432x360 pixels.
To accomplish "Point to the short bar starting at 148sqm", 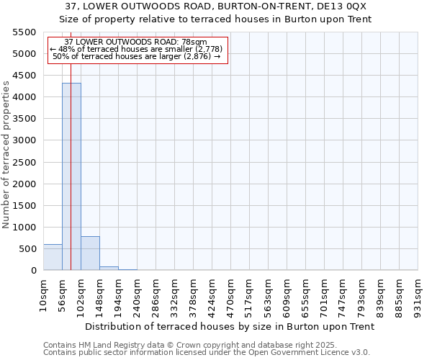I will click(109, 268).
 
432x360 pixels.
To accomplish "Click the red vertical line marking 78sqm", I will click(71, 144).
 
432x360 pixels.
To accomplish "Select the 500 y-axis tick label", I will click(27, 249).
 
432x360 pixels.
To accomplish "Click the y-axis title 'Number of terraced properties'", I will click(6, 155).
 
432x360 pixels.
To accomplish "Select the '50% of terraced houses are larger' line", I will click(137, 56).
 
